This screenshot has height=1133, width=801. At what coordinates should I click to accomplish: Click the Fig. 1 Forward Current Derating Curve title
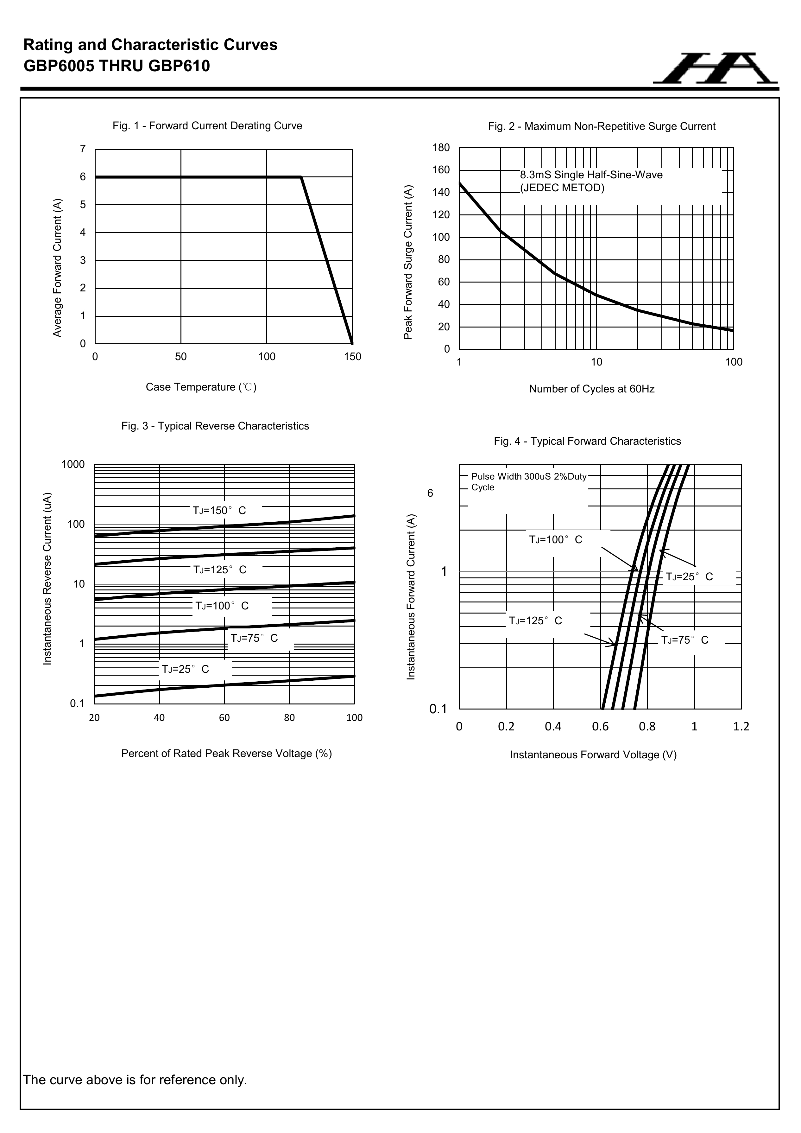tap(207, 126)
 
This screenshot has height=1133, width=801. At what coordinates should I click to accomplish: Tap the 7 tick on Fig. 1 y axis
tap(83, 149)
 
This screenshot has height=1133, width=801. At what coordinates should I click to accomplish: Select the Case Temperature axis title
tap(201, 387)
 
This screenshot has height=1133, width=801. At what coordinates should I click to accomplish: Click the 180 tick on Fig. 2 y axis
tap(441, 148)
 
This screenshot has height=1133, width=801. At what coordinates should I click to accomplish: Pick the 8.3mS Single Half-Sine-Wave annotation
tap(591, 175)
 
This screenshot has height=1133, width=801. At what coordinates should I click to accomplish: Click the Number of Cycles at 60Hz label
tap(591, 389)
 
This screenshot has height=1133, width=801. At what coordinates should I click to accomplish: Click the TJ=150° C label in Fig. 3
tap(219, 511)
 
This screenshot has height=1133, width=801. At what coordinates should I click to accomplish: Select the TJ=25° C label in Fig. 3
tap(186, 670)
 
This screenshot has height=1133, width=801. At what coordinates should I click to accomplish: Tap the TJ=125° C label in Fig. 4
tap(535, 621)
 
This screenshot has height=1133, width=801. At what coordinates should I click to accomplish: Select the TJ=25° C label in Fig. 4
tap(689, 577)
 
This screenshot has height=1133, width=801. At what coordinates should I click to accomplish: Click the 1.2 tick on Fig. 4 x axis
tap(741, 726)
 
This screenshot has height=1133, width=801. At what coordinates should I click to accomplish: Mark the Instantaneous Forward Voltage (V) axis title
tap(593, 755)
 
